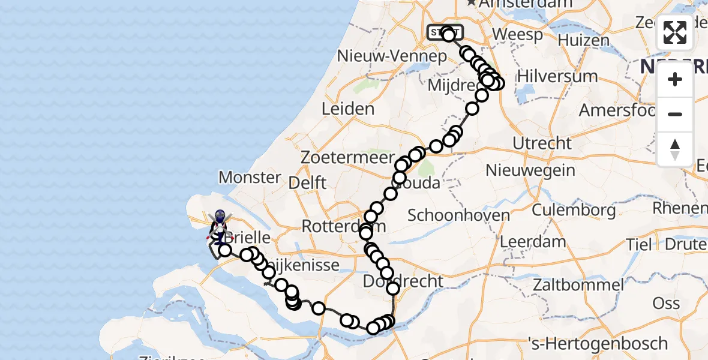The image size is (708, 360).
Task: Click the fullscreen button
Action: (x=675, y=32)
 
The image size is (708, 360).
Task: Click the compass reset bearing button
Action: (x=675, y=149)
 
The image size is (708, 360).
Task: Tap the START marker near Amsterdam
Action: (x=444, y=32)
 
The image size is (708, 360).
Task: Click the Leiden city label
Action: (x=348, y=109)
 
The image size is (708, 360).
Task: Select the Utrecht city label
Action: (x=542, y=143)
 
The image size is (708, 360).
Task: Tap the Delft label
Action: (x=307, y=182)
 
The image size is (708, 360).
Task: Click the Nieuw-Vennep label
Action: (x=392, y=56)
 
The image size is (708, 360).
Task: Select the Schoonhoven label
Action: (x=458, y=215)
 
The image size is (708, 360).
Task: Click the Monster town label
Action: (x=250, y=178)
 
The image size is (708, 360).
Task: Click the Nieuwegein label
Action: (x=530, y=170)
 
